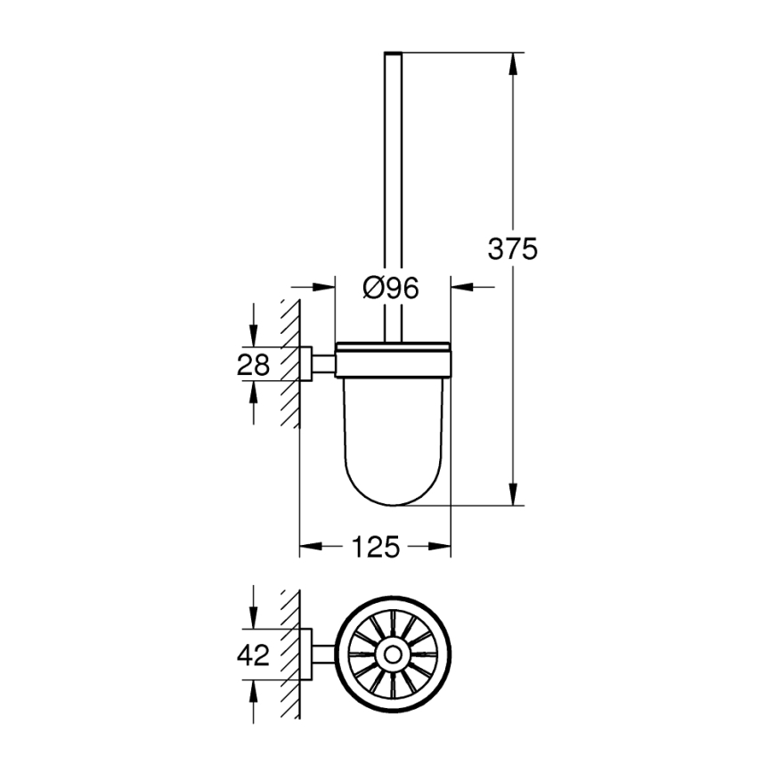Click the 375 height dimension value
tap(512, 249)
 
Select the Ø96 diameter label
tap(392, 287)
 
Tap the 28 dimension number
tap(253, 364)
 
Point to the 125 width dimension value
tap(375, 547)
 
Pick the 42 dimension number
tap(253, 656)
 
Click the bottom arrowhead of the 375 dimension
tap(512, 495)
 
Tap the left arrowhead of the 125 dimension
tap(308, 547)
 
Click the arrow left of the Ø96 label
tap(324, 287)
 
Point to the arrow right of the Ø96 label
tap(461, 287)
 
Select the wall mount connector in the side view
tap(316, 364)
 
